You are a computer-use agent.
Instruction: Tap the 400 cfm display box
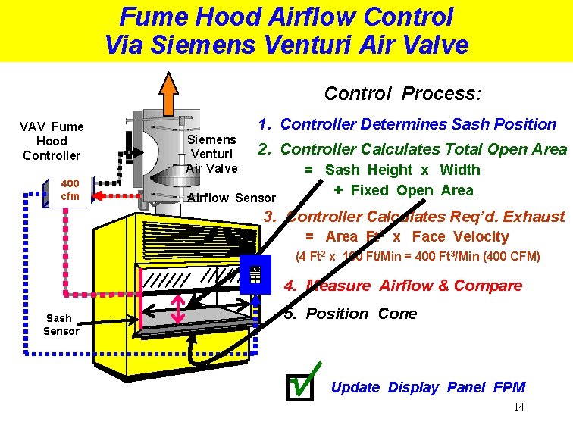[x=70, y=190]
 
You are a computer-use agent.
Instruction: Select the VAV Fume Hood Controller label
[x=52, y=141]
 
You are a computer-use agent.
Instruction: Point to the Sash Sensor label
[x=61, y=324]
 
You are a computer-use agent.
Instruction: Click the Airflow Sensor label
[x=231, y=198]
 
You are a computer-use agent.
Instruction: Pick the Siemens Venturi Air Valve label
[x=211, y=154]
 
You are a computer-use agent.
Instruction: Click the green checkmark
[x=304, y=379]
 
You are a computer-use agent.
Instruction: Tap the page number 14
[x=518, y=408]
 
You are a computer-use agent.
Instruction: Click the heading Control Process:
[x=402, y=93]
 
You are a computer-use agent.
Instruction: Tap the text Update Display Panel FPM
[x=428, y=387]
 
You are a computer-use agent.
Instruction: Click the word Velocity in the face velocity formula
[x=483, y=236]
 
